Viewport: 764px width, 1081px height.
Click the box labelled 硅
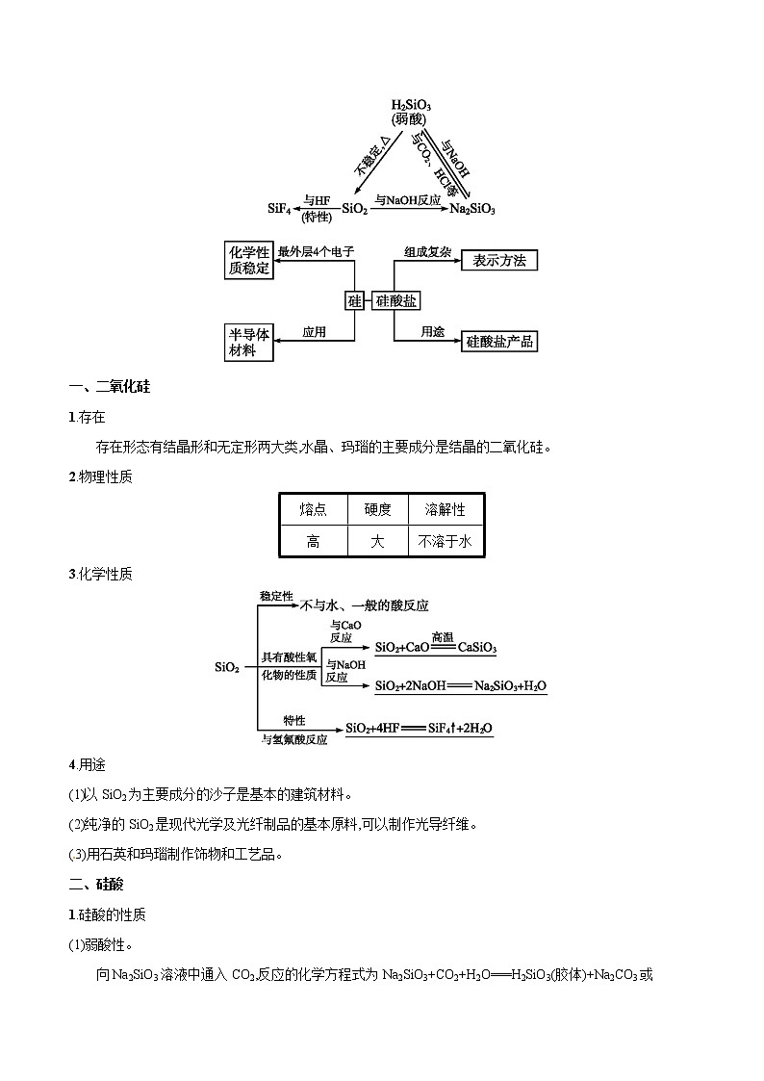coord(354,300)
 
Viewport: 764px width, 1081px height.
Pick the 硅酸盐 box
coord(395,300)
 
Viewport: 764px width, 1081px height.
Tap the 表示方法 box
coord(499,260)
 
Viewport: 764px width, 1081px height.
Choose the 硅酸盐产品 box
coord(499,341)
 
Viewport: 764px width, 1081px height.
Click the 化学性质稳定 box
coord(248,260)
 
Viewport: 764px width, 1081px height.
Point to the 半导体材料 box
coord(248,341)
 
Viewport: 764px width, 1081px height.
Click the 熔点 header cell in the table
coord(313,509)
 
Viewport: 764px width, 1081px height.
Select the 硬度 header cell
coord(377,509)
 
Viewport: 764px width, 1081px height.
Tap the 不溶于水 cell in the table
coord(446,541)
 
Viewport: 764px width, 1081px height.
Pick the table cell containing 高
coord(313,541)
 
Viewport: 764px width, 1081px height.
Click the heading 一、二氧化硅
coord(110,388)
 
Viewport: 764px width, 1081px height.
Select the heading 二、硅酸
coord(96,884)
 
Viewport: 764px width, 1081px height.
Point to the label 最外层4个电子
coord(316,252)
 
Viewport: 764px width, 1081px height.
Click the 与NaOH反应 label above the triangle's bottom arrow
coord(407,199)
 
